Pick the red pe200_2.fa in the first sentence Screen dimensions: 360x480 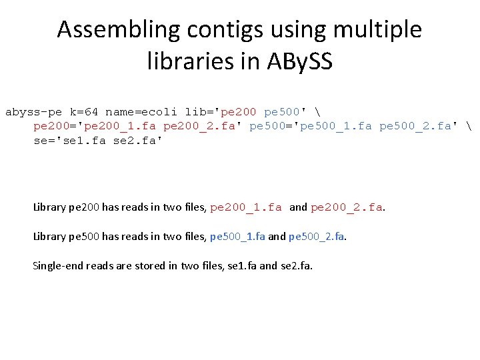point(347,207)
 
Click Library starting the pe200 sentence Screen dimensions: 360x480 point(49,207)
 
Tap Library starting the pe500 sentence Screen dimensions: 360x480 point(49,237)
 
